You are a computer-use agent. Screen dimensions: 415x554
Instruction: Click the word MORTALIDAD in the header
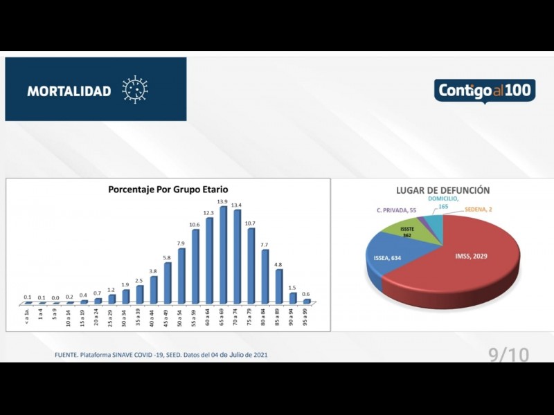click(69, 91)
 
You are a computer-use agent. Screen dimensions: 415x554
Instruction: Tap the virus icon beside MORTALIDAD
click(135, 90)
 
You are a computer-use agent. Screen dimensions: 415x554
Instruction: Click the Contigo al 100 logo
click(485, 91)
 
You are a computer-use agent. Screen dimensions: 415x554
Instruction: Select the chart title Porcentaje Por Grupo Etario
click(168, 189)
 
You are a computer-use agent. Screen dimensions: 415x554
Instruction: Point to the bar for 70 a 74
click(236, 257)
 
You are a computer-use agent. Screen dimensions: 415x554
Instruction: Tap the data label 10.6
click(195, 225)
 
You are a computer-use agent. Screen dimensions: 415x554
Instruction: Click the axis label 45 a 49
click(166, 317)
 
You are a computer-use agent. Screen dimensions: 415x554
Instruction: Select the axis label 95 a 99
click(305, 317)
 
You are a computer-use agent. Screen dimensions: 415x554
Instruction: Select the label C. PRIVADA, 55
click(397, 210)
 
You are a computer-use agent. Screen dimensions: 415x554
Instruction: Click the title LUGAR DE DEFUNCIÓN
click(443, 190)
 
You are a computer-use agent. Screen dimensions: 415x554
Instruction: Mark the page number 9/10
click(508, 355)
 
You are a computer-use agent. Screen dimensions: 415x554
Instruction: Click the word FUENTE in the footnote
click(68, 356)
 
